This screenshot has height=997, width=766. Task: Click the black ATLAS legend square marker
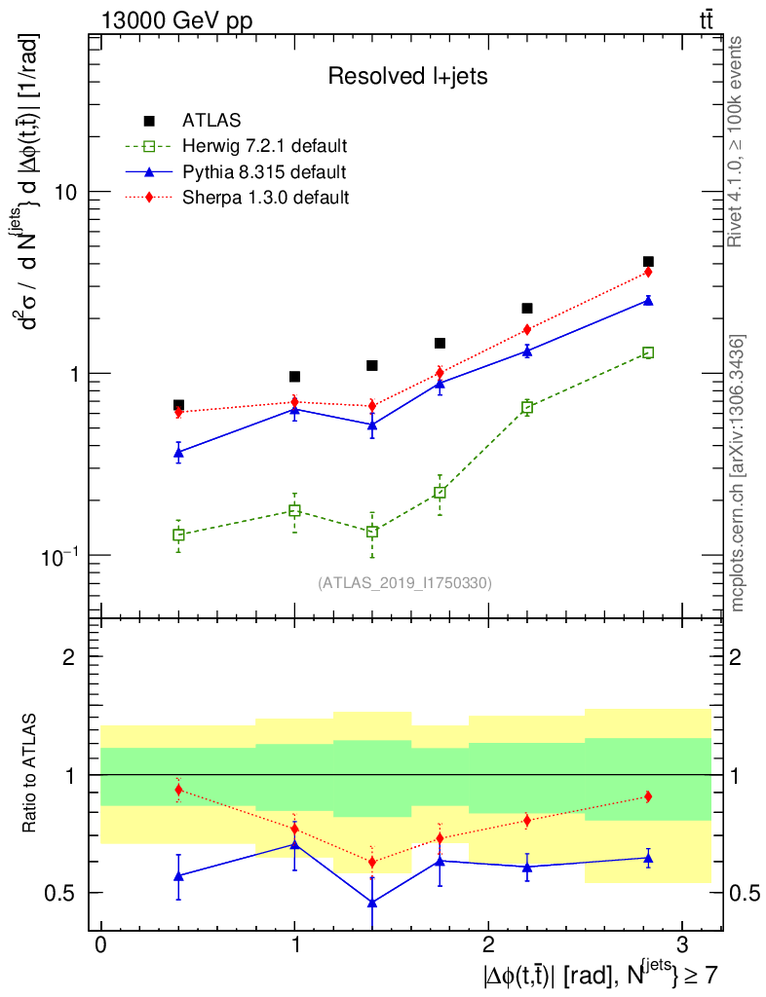tap(149, 121)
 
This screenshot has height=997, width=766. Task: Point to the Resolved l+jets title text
tap(407, 76)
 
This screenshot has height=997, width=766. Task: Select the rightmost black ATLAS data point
tap(648, 262)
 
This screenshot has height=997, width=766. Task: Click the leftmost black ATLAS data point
tap(178, 405)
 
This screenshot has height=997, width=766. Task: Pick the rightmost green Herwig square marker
tap(648, 352)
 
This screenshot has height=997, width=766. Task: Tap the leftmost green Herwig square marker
tap(178, 535)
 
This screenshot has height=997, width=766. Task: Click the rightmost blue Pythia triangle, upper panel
tap(648, 301)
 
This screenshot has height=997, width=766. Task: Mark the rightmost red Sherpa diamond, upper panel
tap(648, 272)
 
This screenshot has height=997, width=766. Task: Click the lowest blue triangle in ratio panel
tap(372, 903)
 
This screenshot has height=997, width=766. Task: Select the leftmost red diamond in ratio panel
tap(178, 790)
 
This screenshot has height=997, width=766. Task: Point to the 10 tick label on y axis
tap(66, 193)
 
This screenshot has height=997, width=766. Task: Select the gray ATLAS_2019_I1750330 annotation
tap(404, 583)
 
